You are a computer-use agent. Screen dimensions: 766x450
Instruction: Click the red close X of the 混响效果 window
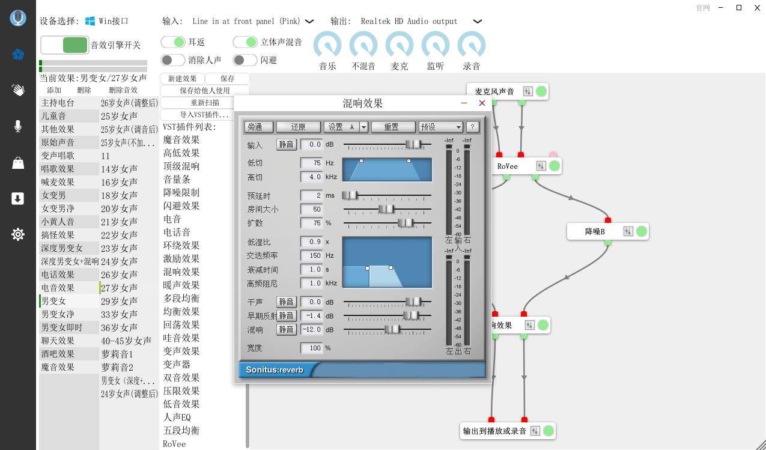(x=482, y=103)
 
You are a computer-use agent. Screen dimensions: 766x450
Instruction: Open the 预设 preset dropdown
(x=441, y=127)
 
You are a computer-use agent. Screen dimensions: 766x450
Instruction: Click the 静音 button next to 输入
(x=286, y=144)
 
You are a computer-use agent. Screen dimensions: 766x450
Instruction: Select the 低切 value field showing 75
(x=311, y=163)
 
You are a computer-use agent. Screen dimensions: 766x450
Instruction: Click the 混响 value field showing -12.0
(x=311, y=330)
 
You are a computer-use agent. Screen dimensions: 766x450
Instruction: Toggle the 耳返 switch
(x=173, y=42)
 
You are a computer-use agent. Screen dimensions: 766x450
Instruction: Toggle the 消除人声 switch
(x=173, y=60)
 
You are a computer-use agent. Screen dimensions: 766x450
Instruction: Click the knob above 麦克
(x=400, y=45)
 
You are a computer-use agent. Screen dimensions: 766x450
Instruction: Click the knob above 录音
(x=472, y=45)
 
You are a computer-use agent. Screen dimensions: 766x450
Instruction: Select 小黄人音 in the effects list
(x=58, y=222)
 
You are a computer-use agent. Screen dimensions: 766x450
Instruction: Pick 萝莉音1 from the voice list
(x=117, y=354)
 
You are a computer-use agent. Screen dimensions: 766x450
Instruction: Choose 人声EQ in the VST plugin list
(x=177, y=417)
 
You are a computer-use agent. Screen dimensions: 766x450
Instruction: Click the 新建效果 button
(x=182, y=79)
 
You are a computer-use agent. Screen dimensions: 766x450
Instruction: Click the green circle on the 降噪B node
(x=642, y=231)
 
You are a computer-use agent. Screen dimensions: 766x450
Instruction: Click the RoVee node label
(x=508, y=166)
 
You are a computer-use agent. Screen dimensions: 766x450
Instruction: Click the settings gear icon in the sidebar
(x=18, y=234)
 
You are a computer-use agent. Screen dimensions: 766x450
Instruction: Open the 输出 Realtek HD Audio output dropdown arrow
(x=478, y=21)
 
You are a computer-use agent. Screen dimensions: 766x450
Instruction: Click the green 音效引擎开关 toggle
(x=75, y=45)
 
